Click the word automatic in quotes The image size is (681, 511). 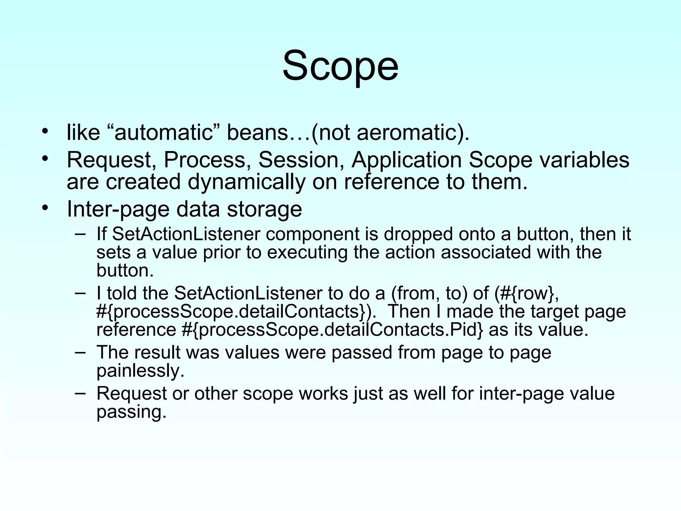pos(163,132)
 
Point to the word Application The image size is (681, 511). pos(407,160)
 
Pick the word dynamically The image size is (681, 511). pos(246,182)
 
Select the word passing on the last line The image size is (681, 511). pos(131,412)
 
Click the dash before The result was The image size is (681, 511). pos(80,352)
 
